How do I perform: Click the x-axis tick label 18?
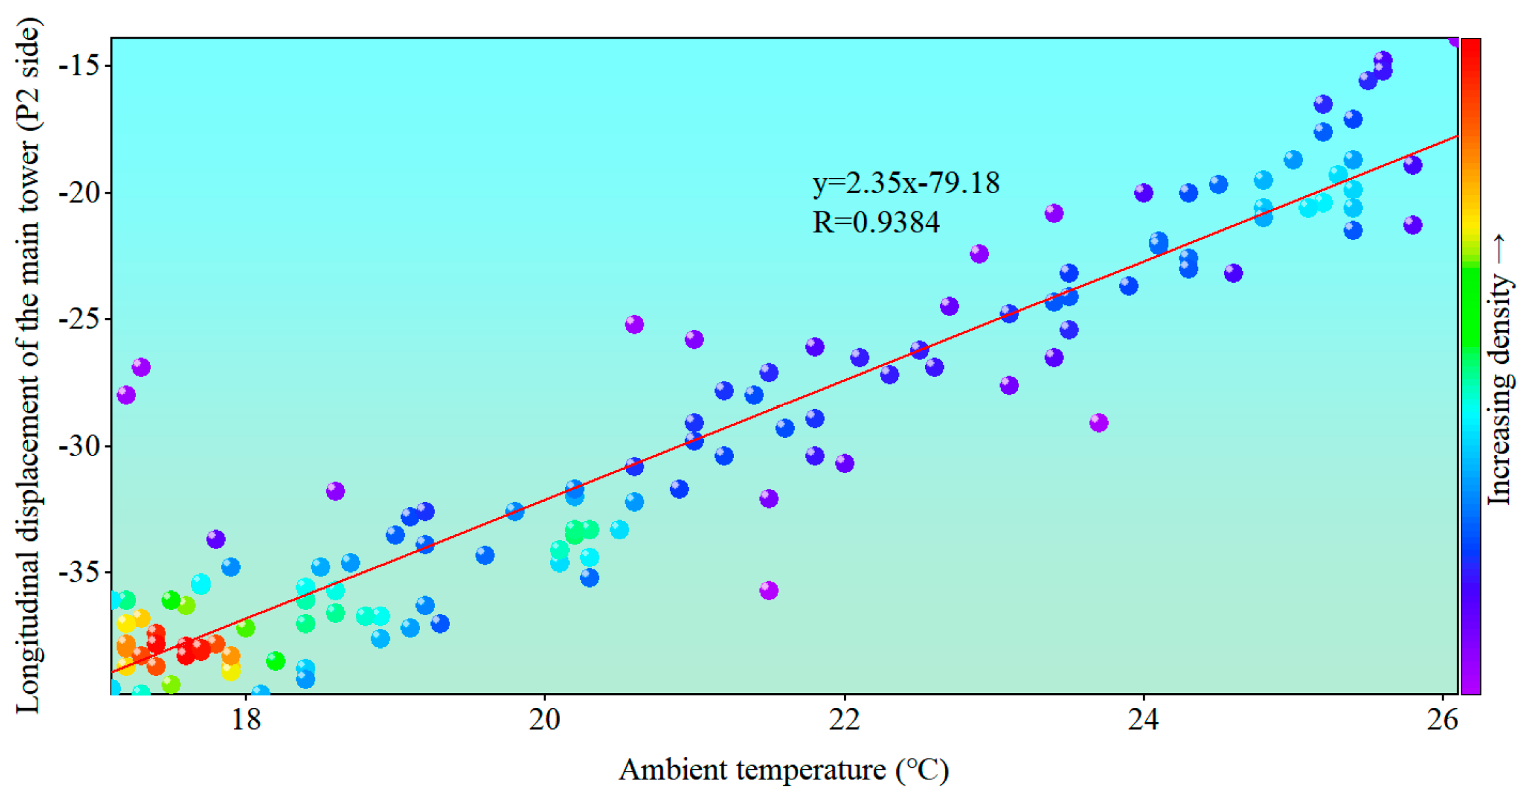tap(246, 720)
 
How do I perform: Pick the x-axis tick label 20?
tap(545, 720)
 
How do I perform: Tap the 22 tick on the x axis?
tap(844, 720)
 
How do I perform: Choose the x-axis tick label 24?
tap(1143, 720)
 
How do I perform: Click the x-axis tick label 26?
tap(1443, 720)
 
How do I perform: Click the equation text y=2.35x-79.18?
tap(906, 183)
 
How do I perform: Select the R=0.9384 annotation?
tap(876, 223)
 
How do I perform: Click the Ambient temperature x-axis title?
tap(783, 770)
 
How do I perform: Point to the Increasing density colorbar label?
tap(1502, 370)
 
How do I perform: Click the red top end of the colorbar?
tap(1471, 49)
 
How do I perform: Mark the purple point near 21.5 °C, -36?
tap(769, 590)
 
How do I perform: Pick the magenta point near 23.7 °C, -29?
tap(1099, 423)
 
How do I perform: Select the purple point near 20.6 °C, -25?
tap(634, 325)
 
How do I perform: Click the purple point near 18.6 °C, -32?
tap(335, 491)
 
